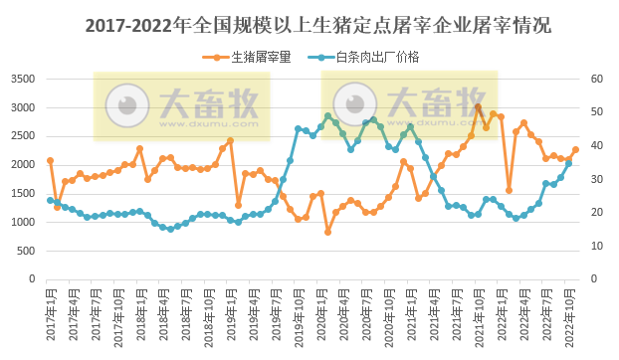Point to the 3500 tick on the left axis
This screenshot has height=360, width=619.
point(23,79)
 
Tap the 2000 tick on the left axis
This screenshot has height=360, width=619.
point(23,164)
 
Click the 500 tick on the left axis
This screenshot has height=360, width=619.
point(27,251)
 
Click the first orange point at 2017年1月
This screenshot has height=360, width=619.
point(50,160)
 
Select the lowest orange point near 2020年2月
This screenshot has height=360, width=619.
point(327,232)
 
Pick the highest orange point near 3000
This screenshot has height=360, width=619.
point(478,107)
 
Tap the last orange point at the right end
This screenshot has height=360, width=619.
point(575,150)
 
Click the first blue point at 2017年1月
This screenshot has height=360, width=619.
point(50,200)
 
